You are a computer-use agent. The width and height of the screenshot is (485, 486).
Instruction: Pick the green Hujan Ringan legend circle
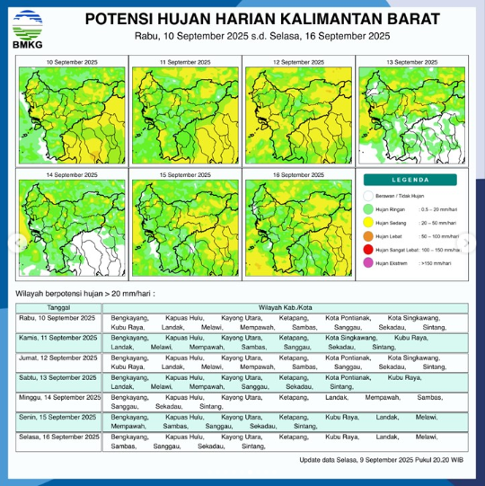click(x=367, y=208)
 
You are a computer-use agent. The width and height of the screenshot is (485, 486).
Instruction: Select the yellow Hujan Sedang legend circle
click(x=367, y=222)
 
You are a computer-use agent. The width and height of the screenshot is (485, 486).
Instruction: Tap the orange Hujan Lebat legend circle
click(x=367, y=235)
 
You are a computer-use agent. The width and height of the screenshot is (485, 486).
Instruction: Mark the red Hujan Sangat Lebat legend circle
click(x=367, y=249)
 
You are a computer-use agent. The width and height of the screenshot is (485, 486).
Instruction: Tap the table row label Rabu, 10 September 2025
click(x=58, y=318)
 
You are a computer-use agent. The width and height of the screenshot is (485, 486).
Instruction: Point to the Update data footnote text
click(x=382, y=460)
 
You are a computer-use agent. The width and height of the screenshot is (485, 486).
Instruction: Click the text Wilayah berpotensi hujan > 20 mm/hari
click(x=86, y=293)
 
